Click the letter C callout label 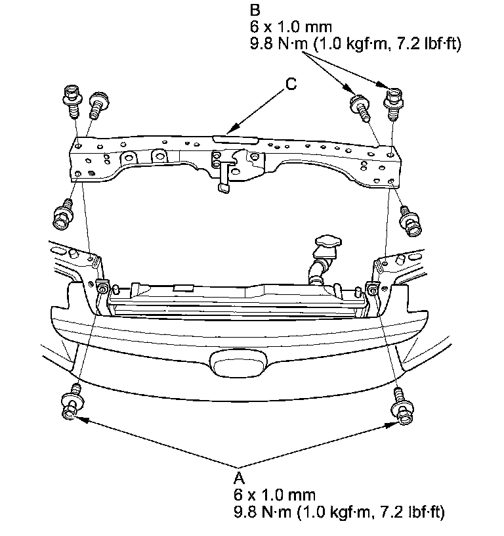[x=291, y=84]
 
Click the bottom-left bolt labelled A [x=70, y=405]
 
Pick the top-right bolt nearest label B [x=392, y=102]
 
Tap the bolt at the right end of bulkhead [x=410, y=218]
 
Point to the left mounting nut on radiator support [x=103, y=288]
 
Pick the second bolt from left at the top [x=98, y=104]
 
